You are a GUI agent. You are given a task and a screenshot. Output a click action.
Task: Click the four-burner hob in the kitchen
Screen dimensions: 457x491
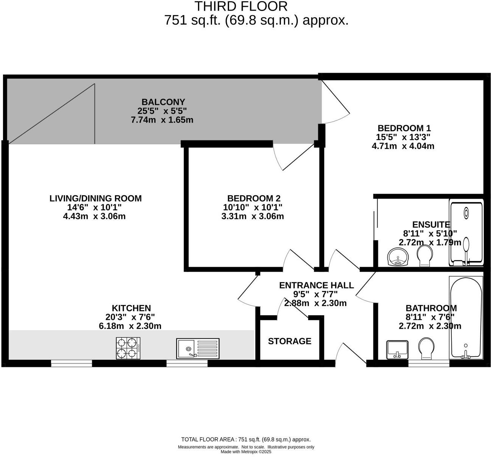coord(128,348)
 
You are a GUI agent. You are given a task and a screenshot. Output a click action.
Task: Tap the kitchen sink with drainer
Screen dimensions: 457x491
coord(197,348)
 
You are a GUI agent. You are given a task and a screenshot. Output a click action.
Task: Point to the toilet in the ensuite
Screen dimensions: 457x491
coord(425,256)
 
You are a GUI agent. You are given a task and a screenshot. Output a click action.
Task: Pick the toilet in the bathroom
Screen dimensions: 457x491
coord(426,348)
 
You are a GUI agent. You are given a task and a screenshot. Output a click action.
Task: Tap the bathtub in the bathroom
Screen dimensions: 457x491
coord(466,318)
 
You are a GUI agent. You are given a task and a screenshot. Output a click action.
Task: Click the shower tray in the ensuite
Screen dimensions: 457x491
coord(466,233)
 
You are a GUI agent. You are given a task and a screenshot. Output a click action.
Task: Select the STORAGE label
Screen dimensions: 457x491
coord(290,341)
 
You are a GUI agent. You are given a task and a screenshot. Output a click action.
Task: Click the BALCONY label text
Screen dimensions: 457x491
coord(163,102)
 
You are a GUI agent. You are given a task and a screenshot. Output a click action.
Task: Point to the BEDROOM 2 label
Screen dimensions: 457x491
coord(254,198)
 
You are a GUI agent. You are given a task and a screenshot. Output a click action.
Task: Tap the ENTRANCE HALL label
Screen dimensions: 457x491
coord(316,285)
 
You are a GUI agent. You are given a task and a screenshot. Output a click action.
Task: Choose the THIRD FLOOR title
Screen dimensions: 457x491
coord(241,6)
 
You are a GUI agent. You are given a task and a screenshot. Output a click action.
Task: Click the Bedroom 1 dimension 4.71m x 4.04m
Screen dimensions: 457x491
coord(403,146)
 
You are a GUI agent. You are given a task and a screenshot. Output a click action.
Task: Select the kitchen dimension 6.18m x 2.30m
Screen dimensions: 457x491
coord(130,326)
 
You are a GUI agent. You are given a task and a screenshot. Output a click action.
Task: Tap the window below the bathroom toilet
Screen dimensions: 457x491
coord(429,364)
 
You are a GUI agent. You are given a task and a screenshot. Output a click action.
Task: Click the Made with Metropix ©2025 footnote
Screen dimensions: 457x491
coord(246,452)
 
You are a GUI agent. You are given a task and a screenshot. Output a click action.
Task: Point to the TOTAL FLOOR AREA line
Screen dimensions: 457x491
coord(246,440)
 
